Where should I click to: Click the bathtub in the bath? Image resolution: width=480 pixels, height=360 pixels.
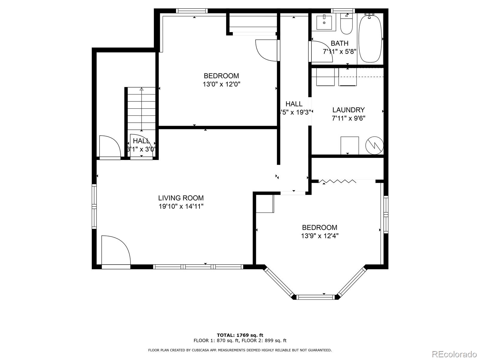pyautogui.click(x=370, y=38)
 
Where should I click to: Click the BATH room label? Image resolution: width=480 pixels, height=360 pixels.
pyautogui.click(x=339, y=43)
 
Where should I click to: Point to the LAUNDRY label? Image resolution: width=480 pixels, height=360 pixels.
pyautogui.click(x=348, y=110)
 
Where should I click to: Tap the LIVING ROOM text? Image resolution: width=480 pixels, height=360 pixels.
pyautogui.click(x=181, y=198)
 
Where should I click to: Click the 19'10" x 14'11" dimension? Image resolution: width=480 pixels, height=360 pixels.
pyautogui.click(x=181, y=206)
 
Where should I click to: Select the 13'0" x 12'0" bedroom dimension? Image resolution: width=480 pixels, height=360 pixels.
pyautogui.click(x=221, y=84)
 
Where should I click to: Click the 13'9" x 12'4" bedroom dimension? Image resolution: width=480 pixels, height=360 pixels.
pyautogui.click(x=319, y=236)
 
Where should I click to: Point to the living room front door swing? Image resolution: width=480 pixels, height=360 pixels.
pyautogui.click(x=115, y=250)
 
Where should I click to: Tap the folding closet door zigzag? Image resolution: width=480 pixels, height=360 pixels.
pyautogui.click(x=337, y=181)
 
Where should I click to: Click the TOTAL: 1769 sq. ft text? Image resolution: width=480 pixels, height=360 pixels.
pyautogui.click(x=240, y=335)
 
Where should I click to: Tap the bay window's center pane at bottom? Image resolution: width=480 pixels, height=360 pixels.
pyautogui.click(x=316, y=297)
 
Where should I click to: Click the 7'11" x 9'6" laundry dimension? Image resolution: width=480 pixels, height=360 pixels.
pyautogui.click(x=348, y=118)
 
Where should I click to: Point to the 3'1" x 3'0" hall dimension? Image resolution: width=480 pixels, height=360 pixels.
pyautogui.click(x=141, y=149)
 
